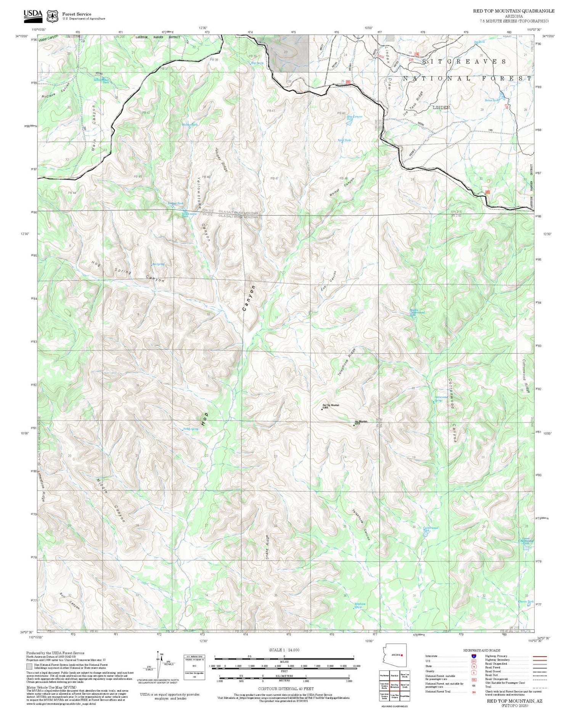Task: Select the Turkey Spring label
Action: [191, 429]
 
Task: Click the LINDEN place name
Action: [441, 108]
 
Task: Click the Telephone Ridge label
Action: [347, 363]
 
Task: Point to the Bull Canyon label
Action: [70, 601]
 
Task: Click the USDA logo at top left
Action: [33, 14]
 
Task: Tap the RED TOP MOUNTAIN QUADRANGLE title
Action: [514, 11]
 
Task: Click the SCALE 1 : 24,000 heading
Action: [284, 650]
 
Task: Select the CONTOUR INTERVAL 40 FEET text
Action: [286, 689]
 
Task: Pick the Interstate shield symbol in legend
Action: [474, 656]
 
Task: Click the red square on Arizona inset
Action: [402, 655]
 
